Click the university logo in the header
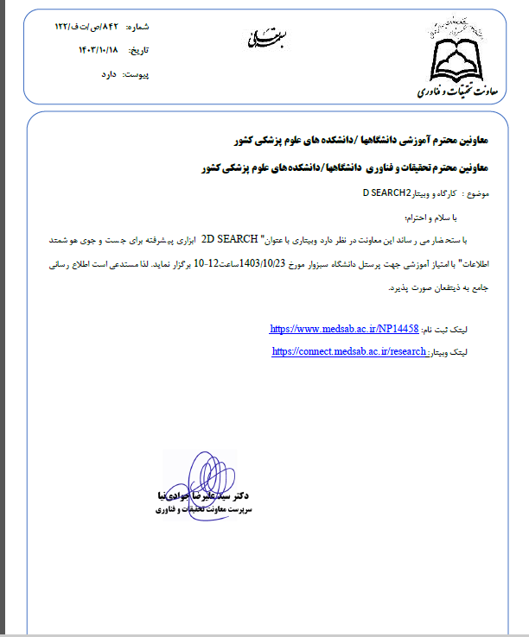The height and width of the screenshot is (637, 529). (x=457, y=52)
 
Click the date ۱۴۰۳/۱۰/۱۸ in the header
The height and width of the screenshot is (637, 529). (x=101, y=51)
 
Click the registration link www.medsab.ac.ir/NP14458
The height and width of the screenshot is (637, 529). (x=344, y=329)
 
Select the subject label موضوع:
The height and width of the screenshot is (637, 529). (x=478, y=194)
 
